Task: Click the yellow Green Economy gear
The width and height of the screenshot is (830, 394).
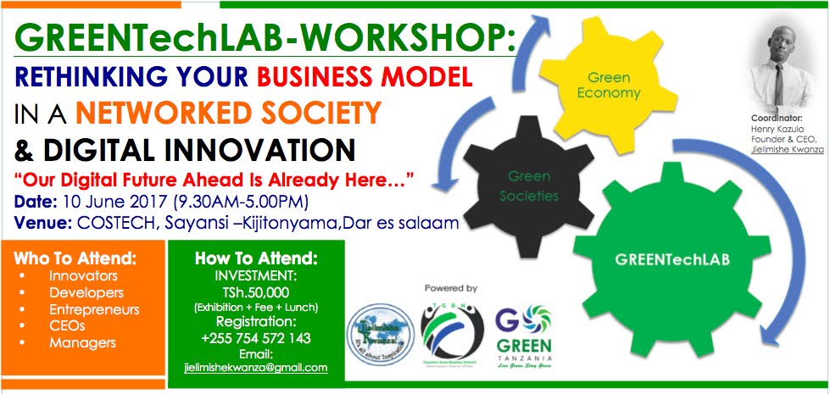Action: coord(604,85)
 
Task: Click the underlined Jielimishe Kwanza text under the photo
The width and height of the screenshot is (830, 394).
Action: coord(786,147)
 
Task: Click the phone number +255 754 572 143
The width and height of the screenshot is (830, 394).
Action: coord(256,338)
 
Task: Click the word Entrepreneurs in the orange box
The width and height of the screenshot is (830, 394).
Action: coord(93,309)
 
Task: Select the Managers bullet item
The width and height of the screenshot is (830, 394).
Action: coord(81,343)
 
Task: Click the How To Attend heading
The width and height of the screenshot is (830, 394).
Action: coord(256,259)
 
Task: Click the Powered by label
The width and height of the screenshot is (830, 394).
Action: coord(451,288)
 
